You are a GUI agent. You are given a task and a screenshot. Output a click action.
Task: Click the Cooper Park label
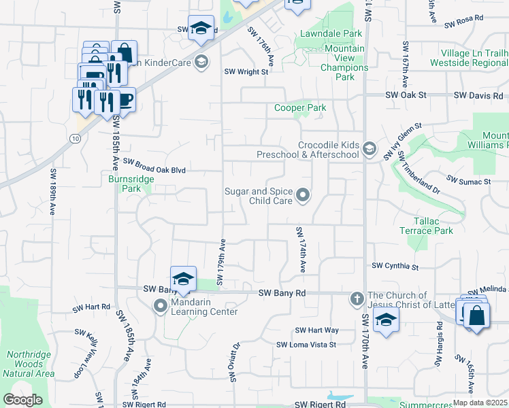[300, 107]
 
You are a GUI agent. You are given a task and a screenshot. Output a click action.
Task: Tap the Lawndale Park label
[331, 33]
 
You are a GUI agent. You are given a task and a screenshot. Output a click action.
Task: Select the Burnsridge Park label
[131, 184]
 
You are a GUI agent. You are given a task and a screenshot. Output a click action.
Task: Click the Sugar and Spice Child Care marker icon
[303, 197]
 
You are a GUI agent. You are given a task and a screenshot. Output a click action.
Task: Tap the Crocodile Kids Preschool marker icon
[370, 149]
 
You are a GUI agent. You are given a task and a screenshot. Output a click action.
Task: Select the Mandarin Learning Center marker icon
[161, 307]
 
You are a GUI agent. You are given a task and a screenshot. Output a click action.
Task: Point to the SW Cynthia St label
[395, 267]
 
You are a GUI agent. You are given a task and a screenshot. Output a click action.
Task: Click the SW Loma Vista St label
[306, 345]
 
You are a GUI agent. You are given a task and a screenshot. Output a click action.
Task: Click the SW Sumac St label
[469, 182]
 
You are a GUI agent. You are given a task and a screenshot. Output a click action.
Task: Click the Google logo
[22, 399]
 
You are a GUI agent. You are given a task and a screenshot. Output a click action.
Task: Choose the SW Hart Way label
[316, 330]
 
